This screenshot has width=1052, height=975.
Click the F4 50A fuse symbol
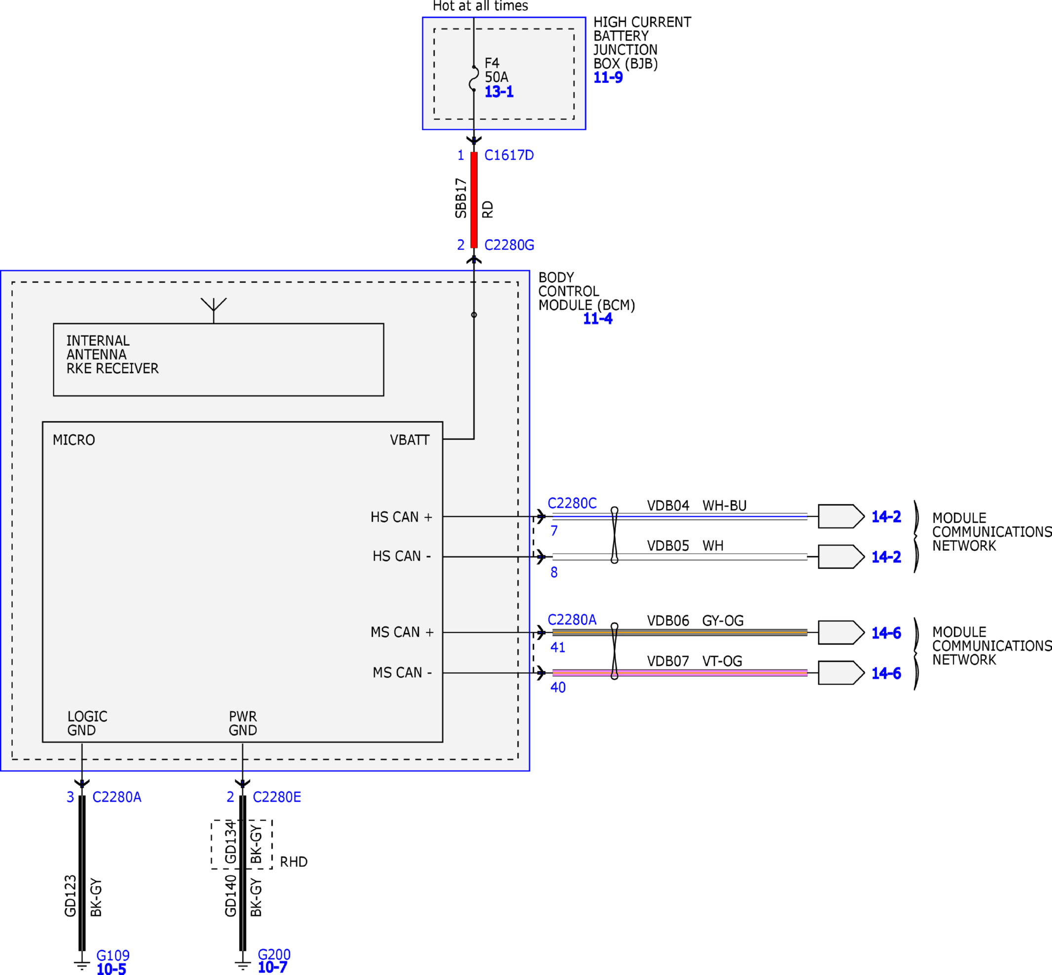(x=474, y=79)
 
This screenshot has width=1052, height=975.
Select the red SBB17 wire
(x=474, y=200)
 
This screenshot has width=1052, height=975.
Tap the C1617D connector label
(x=509, y=155)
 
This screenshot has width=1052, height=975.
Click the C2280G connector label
(x=509, y=245)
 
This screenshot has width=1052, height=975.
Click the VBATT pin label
(x=410, y=440)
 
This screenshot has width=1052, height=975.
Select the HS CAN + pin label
(x=402, y=517)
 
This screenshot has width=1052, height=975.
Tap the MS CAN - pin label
(x=402, y=673)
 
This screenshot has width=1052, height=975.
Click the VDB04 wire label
(x=668, y=505)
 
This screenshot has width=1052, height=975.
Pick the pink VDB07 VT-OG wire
(x=680, y=673)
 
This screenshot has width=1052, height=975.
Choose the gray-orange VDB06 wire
(x=680, y=632)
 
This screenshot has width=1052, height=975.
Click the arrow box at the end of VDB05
(x=841, y=557)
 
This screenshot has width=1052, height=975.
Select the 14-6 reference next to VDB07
(x=886, y=673)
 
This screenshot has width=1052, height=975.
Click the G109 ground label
(x=113, y=955)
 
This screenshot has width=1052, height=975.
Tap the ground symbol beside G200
(x=243, y=964)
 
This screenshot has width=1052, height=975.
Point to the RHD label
(x=294, y=861)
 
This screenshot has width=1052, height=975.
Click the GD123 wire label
(x=71, y=896)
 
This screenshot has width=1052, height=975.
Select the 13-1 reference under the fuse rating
(x=499, y=92)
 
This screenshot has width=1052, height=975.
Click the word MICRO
(x=74, y=440)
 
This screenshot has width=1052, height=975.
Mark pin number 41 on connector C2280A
(x=558, y=648)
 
